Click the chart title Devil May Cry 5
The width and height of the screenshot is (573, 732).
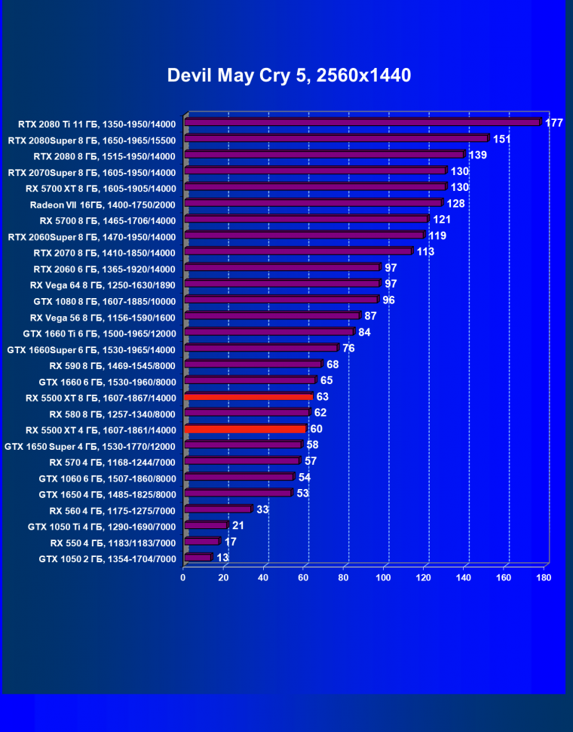point(289,75)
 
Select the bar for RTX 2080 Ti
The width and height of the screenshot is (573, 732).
point(363,122)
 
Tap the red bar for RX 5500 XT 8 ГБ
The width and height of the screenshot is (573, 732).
point(248,396)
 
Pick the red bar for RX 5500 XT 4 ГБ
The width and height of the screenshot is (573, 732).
point(245,429)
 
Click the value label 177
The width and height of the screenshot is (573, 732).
point(554,123)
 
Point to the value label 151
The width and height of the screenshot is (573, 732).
point(502,139)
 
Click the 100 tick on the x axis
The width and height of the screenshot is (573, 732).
point(384,577)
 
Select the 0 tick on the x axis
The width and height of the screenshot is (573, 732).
point(183,577)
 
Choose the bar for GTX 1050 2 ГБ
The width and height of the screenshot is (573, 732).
point(198,558)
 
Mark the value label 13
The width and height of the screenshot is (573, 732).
point(222,558)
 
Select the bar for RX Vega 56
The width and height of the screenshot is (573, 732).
point(272,315)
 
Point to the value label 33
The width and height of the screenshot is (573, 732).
point(262,509)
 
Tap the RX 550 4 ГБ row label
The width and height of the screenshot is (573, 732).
point(113,543)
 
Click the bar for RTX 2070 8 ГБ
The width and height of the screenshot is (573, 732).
point(299,251)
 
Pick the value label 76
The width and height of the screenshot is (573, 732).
point(348,348)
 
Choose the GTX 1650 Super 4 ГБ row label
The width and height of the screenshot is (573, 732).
point(90,446)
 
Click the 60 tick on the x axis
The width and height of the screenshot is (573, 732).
point(304,577)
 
